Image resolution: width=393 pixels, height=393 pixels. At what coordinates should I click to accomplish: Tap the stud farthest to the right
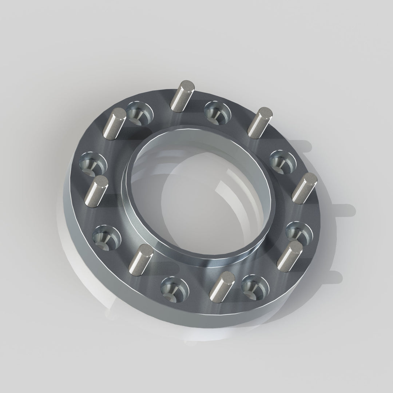coord(304,188)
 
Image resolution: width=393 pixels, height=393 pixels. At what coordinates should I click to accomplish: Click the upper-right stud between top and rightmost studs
coord(259,122)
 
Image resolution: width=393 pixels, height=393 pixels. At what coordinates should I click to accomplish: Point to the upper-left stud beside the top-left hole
coord(114,124)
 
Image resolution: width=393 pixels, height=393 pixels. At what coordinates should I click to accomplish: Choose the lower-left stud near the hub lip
coord(140,258)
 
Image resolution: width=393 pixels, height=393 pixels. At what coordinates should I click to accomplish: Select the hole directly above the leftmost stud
coord(92,164)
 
